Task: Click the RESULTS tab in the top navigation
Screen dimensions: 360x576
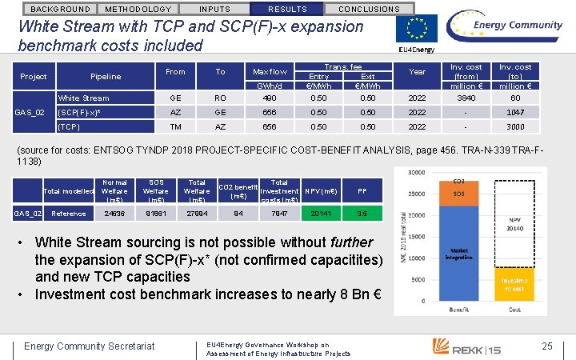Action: coord(286,9)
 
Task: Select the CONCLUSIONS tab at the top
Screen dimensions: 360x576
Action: coord(370,9)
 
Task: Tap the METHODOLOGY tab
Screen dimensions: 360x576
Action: coord(138,9)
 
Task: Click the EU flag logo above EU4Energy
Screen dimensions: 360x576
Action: coord(417,29)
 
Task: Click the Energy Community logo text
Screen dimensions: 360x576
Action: coord(516,26)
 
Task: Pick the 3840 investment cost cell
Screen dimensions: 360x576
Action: coord(466,98)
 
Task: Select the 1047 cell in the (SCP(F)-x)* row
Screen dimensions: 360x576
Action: coord(515,113)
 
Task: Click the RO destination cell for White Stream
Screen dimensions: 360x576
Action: coord(220,98)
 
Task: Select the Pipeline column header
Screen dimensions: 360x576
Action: coord(106,77)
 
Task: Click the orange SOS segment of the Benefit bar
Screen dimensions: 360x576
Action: coord(458,194)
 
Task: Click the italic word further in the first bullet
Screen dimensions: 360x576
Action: coord(352,242)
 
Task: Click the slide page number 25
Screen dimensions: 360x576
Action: coord(547,346)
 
